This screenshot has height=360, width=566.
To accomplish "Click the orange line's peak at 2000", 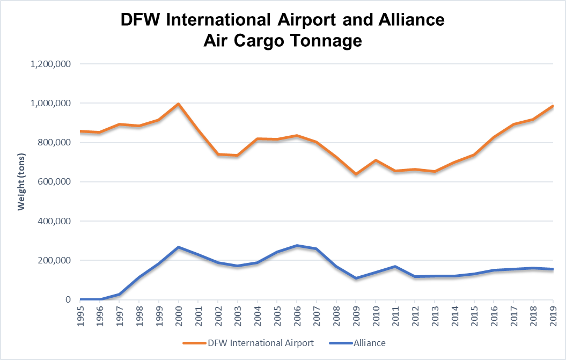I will click(178, 104).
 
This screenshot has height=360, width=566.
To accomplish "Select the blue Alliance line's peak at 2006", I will click(297, 246).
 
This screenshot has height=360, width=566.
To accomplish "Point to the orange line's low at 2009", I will click(356, 174).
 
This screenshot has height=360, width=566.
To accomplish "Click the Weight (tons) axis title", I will click(21, 181).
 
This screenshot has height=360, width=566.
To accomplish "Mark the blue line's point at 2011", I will click(395, 266).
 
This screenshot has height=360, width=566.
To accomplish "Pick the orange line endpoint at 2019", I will click(553, 106).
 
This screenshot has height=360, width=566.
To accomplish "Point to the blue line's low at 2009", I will click(356, 278).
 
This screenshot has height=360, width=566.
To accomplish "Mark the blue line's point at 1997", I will click(119, 294).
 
